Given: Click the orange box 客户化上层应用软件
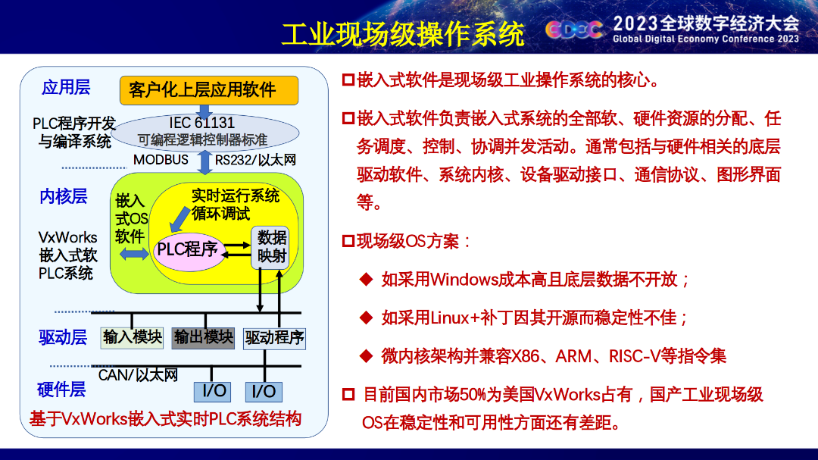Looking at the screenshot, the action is pos(209,90).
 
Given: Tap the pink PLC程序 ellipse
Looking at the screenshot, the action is pos(188,251).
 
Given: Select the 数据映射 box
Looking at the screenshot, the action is pos(270,248).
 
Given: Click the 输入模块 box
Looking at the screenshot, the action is pos(132,338).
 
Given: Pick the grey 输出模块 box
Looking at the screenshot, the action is pos(203,338).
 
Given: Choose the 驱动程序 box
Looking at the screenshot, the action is pos(274,338).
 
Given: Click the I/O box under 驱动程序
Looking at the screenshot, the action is pos(264,392).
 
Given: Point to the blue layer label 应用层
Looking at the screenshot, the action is pos(66,87).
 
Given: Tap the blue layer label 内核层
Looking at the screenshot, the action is pos(63,196).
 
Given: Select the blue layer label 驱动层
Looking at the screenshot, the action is pos(63,337).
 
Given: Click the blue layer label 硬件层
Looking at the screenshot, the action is pos(61,390).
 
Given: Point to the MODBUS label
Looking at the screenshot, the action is pos(161,160).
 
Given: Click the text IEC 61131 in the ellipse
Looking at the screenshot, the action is pos(202,123).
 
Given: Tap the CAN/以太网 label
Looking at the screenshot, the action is pos(139,375).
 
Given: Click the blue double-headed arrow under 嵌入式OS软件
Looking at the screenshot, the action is pos(134,255).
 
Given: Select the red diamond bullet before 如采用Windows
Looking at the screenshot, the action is pos(367,280).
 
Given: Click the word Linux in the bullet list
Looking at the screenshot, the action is pos(451,318).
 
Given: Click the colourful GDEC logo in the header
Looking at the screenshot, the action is pos(574,30).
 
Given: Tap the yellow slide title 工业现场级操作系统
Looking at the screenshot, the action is pos(403,34).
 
